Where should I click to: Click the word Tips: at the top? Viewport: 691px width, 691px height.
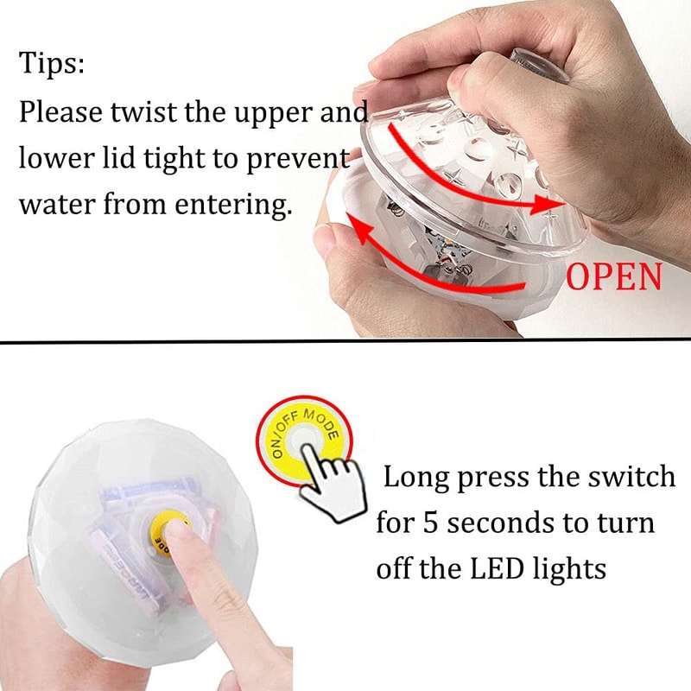51,65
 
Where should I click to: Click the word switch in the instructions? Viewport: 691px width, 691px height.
628,477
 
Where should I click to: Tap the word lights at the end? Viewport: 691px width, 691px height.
568,569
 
